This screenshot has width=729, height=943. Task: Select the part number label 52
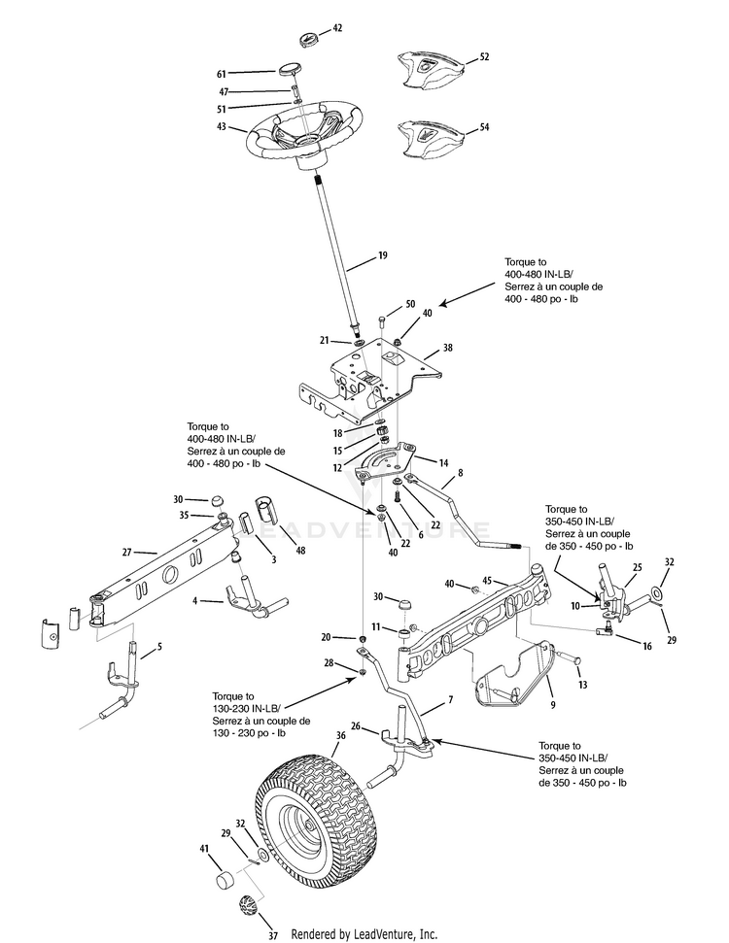coord(484,57)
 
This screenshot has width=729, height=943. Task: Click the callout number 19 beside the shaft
coord(382,256)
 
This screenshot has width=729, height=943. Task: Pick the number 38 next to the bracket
coord(447,347)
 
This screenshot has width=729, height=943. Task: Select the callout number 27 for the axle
coord(126,552)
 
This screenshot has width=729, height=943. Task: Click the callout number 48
coord(299,550)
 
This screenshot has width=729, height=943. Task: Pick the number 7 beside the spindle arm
coord(450,699)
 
